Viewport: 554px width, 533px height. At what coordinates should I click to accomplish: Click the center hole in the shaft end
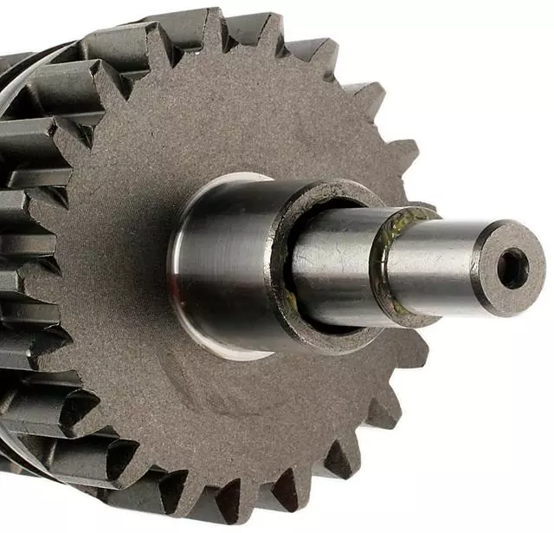pos(512,267)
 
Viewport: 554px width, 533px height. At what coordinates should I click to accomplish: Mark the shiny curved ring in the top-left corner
pos(35,69)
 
